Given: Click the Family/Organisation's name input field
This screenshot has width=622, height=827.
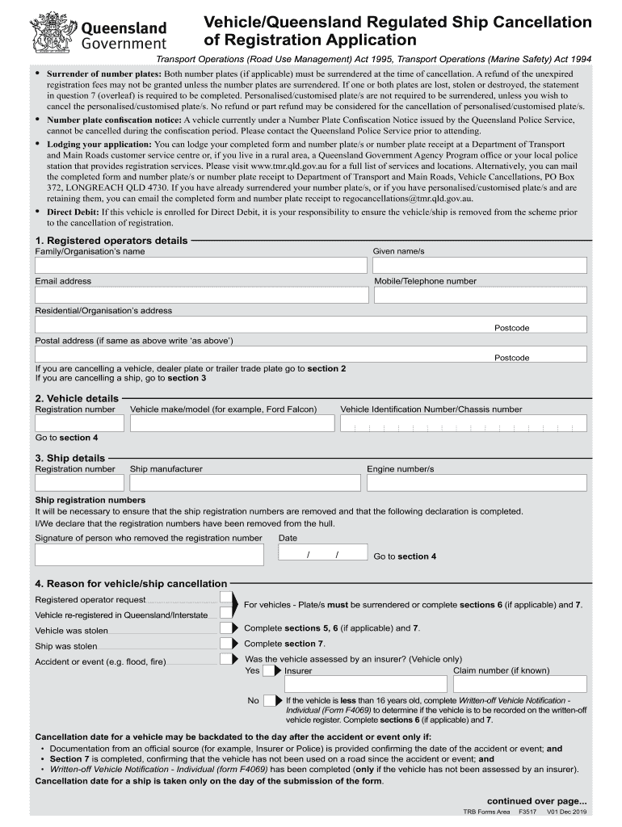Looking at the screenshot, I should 200,267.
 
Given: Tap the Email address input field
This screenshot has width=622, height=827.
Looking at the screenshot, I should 200,296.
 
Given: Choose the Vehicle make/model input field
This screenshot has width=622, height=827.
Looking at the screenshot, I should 229,424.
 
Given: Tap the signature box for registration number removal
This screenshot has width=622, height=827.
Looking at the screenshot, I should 149,555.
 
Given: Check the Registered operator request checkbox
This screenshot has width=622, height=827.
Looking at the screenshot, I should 225,598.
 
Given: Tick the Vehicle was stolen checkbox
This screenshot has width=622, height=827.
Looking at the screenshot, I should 225,628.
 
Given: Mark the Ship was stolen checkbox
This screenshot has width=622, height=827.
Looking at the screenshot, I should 225,644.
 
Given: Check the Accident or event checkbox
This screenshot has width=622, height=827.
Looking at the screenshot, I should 225,660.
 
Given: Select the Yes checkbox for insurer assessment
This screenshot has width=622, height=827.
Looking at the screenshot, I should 267,670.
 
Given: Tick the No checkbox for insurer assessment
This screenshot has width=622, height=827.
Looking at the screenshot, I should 267,700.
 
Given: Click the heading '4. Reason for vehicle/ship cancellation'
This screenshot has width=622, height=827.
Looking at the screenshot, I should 131,584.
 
